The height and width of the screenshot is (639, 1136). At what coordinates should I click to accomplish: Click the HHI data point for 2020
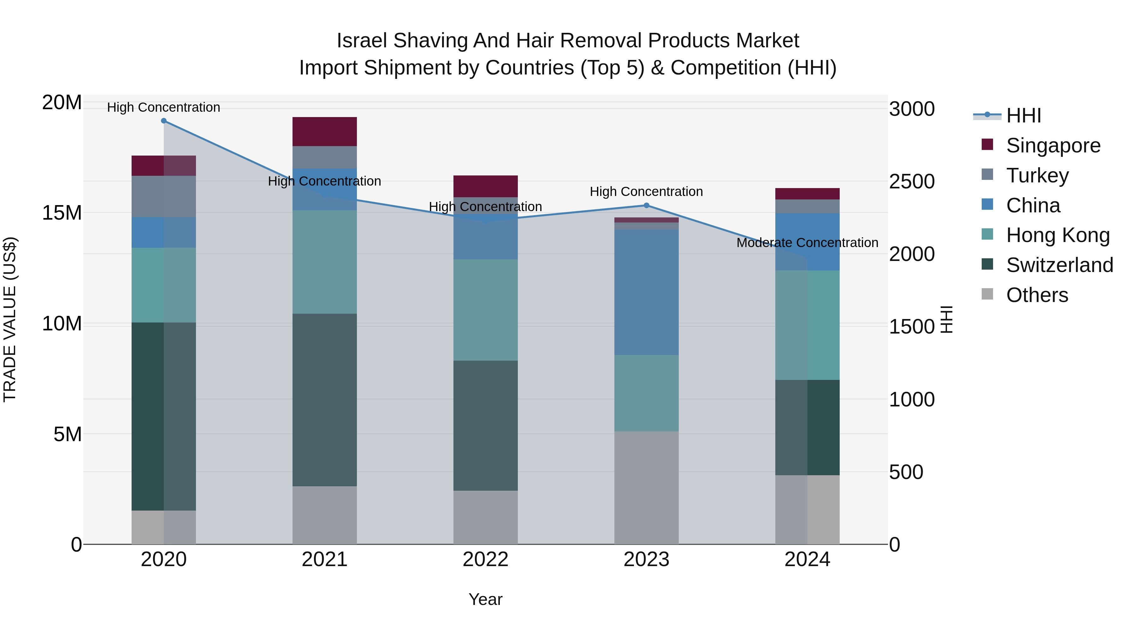point(163,121)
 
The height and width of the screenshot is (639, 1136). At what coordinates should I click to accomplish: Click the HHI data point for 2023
point(647,205)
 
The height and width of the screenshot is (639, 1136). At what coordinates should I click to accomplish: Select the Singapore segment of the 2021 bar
point(325,131)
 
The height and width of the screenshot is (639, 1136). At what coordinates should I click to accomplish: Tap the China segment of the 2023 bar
point(647,292)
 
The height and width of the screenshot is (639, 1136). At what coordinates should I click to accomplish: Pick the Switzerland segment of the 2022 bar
point(486,426)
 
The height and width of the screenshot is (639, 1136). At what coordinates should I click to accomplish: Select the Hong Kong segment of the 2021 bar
point(325,262)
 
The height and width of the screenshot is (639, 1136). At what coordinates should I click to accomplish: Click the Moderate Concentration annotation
point(807,243)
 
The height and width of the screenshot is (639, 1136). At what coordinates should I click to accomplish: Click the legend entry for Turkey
point(1037,175)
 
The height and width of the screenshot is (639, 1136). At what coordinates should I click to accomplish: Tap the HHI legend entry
point(1023,115)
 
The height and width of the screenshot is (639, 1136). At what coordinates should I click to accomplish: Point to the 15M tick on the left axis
point(62,213)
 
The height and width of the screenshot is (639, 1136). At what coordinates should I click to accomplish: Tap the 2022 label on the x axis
point(486,559)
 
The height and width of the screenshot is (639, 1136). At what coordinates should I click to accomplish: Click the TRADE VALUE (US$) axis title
point(10,319)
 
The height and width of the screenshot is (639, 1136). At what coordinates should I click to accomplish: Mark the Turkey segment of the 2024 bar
point(807,206)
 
